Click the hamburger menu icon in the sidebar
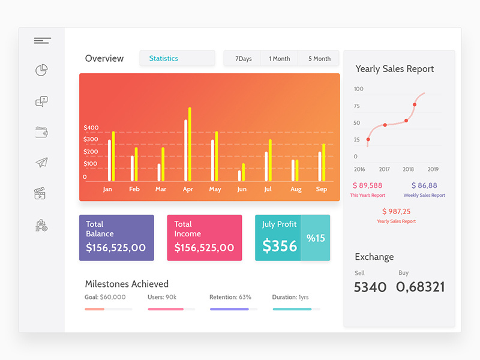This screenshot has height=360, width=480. click(42, 41)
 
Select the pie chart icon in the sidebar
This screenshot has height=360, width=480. click(41, 71)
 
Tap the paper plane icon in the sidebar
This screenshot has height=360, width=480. click(41, 163)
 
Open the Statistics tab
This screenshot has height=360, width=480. click(177, 58)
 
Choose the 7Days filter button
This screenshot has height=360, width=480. click(243, 59)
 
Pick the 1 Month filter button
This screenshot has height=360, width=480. click(279, 59)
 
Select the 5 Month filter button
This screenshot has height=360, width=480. click(319, 59)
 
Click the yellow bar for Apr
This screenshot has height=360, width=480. click(190, 145)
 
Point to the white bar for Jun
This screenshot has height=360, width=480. click(239, 176)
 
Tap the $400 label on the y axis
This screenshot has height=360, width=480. click(91, 128)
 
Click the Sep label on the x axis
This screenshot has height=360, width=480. click(322, 190)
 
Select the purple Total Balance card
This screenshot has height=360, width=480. click(116, 238)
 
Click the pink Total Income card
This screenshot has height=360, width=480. click(204, 238)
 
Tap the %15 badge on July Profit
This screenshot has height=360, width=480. click(315, 238)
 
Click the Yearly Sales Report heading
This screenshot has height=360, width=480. click(394, 69)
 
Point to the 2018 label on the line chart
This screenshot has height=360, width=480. click(408, 169)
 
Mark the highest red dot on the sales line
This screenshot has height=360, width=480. click(415, 104)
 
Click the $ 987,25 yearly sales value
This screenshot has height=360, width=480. click(396, 211)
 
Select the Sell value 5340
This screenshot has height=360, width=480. click(370, 287)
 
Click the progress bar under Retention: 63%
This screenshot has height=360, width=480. click(233, 309)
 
